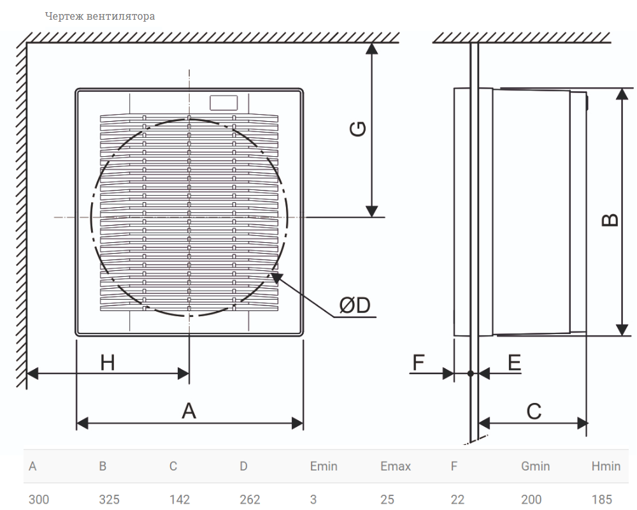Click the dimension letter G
(358, 129)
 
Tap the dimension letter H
(108, 362)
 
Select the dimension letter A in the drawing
(189, 411)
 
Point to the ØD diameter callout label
(355, 305)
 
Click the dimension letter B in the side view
(610, 220)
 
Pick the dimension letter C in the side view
(534, 411)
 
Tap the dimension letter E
(514, 362)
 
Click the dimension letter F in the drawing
(419, 362)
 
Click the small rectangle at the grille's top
(224, 103)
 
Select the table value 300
(39, 499)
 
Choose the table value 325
(110, 499)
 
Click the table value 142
(180, 499)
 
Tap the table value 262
(250, 499)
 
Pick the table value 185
(602, 499)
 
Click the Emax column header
(396, 466)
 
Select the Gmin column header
(536, 466)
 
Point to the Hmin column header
(606, 466)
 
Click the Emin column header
(324, 466)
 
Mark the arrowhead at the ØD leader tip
(276, 278)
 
